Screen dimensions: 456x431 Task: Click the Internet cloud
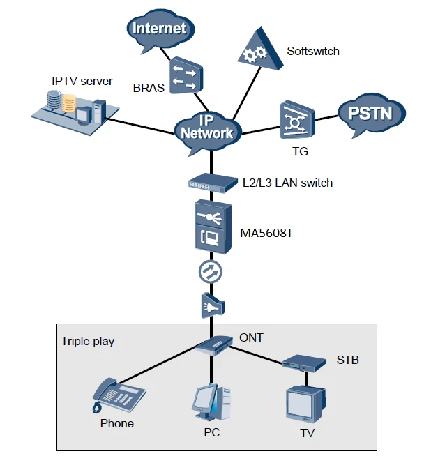pyautogui.click(x=160, y=29)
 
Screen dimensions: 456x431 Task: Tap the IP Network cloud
pyautogui.click(x=206, y=128)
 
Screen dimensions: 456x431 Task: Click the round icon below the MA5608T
pyautogui.click(x=211, y=273)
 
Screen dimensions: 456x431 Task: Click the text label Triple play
pyautogui.click(x=88, y=341)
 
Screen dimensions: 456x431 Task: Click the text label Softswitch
pyautogui.click(x=313, y=51)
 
